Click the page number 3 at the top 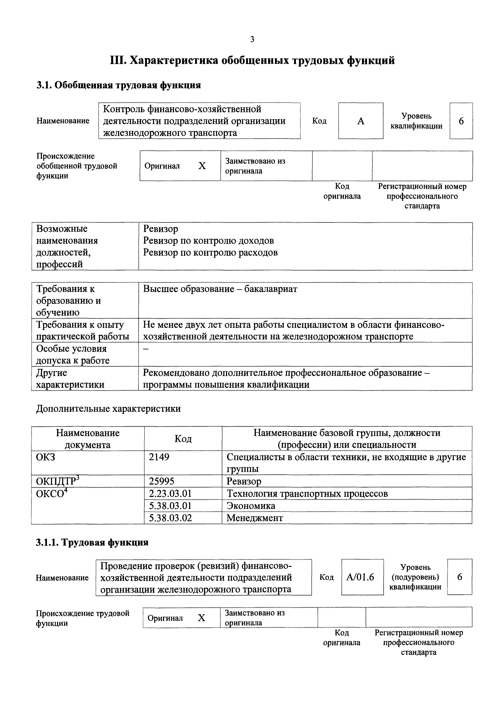(252, 39)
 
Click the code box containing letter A (361, 121)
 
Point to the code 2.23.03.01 (170, 493)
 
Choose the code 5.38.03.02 (170, 518)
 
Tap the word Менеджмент (255, 518)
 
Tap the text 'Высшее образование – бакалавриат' (220, 289)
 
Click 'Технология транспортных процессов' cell (307, 493)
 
